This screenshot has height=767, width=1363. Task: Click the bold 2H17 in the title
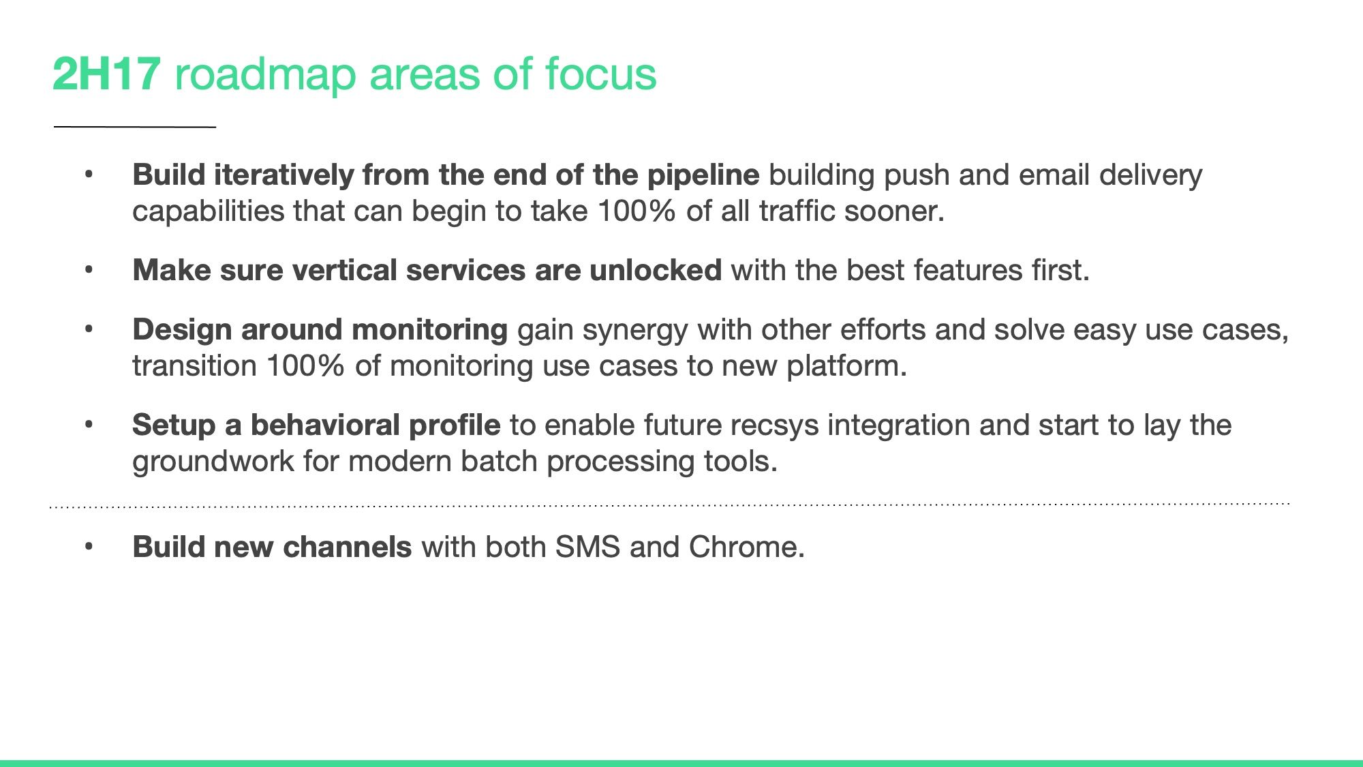(x=106, y=74)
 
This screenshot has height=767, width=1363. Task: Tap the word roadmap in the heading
(x=265, y=76)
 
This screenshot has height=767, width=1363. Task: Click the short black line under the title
(x=135, y=127)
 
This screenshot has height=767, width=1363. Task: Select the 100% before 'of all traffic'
(x=637, y=211)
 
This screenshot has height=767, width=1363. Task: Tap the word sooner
(x=894, y=212)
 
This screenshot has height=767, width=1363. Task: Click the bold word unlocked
(x=656, y=271)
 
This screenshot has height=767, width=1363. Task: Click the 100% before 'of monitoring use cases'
(x=305, y=366)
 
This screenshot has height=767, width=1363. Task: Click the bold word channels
(x=347, y=547)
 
